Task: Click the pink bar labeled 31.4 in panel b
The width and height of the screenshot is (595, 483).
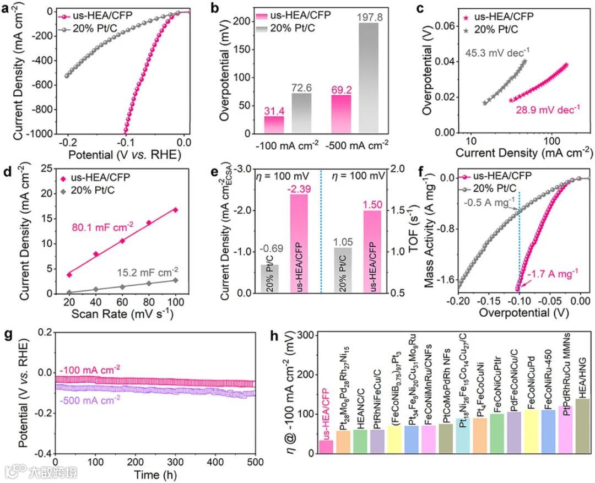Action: click(274, 124)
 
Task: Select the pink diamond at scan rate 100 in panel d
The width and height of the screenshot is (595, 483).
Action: click(175, 210)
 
